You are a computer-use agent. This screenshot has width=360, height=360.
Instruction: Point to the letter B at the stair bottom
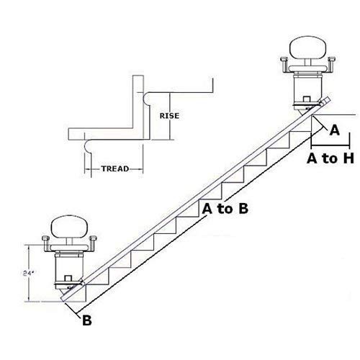click(86, 320)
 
